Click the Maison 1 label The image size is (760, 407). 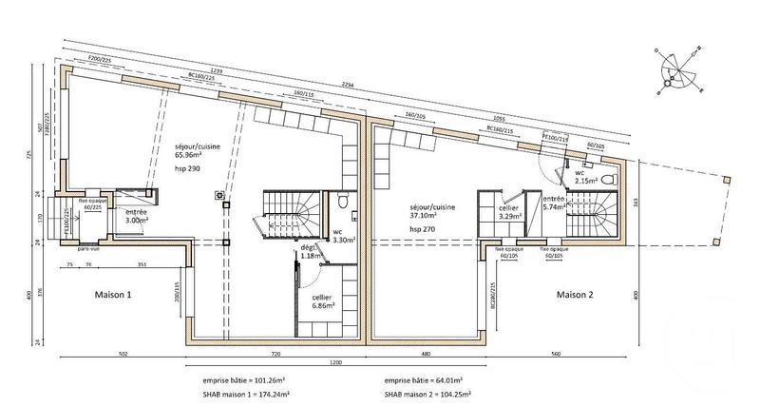(113, 295)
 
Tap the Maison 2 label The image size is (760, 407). (575, 295)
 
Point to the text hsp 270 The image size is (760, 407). (421, 229)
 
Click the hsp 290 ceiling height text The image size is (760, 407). (187, 168)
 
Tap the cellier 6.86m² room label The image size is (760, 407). (329, 303)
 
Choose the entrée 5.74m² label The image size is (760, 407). (554, 204)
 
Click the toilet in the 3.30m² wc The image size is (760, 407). (341, 201)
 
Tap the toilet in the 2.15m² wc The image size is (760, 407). (614, 178)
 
